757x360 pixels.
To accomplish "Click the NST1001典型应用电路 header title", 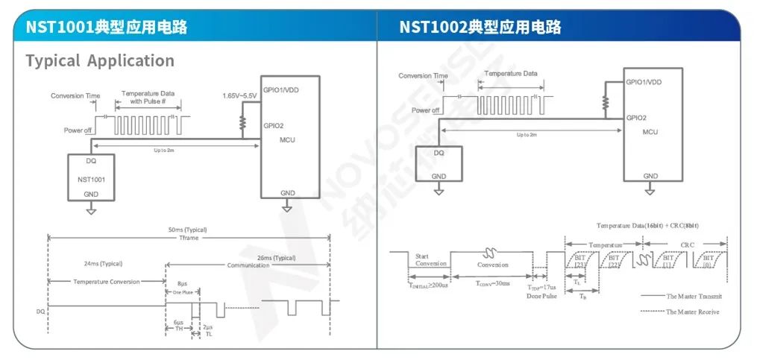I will pyautogui.click(x=107, y=28).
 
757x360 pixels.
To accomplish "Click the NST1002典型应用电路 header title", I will pyautogui.click(x=480, y=28).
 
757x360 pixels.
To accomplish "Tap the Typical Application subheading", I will pyautogui.click(x=100, y=61).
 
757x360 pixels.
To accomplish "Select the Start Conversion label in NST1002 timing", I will pyautogui.click(x=430, y=259).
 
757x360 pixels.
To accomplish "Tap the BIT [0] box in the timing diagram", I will pyautogui.click(x=708, y=262).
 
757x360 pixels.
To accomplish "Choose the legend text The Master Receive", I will pyautogui.click(x=692, y=312).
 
